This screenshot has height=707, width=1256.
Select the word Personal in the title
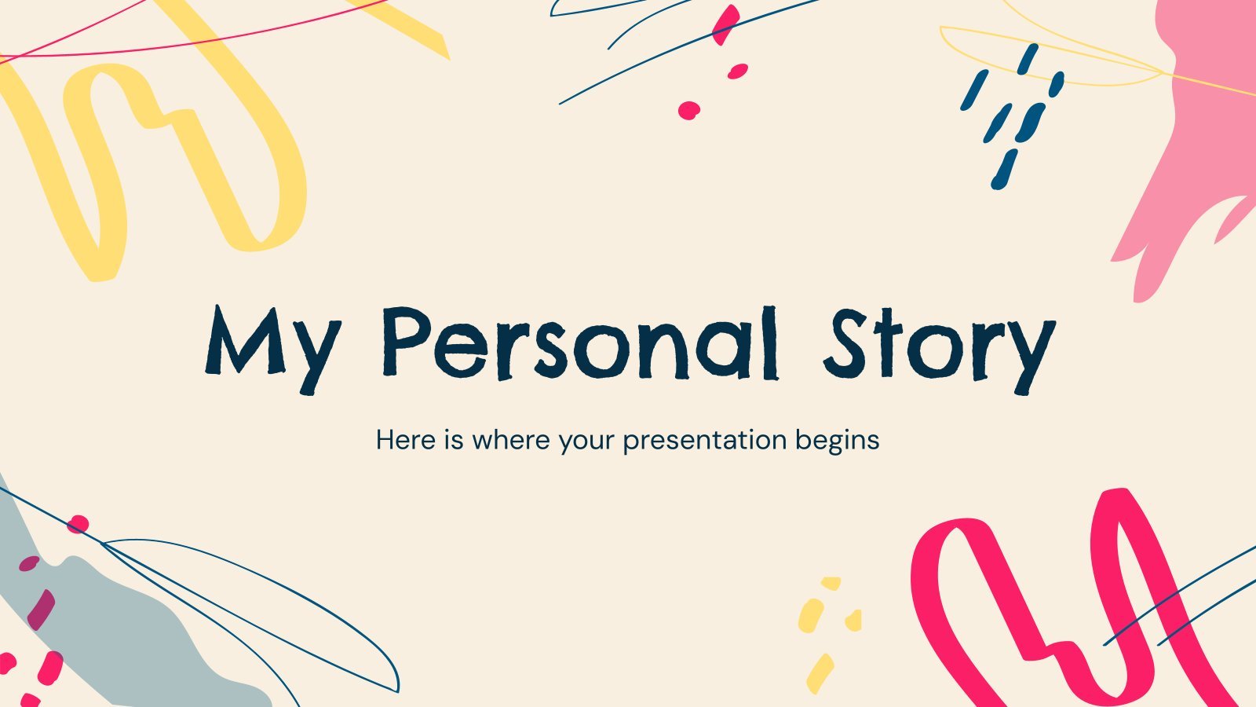581,343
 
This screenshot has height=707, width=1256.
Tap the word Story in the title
940,350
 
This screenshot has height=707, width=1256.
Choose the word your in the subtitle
586,443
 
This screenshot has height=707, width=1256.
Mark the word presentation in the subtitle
705,441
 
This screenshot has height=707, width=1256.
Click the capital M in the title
245,340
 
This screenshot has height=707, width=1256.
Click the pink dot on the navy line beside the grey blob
78,525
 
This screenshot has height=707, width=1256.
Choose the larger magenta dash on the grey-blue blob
42,610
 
